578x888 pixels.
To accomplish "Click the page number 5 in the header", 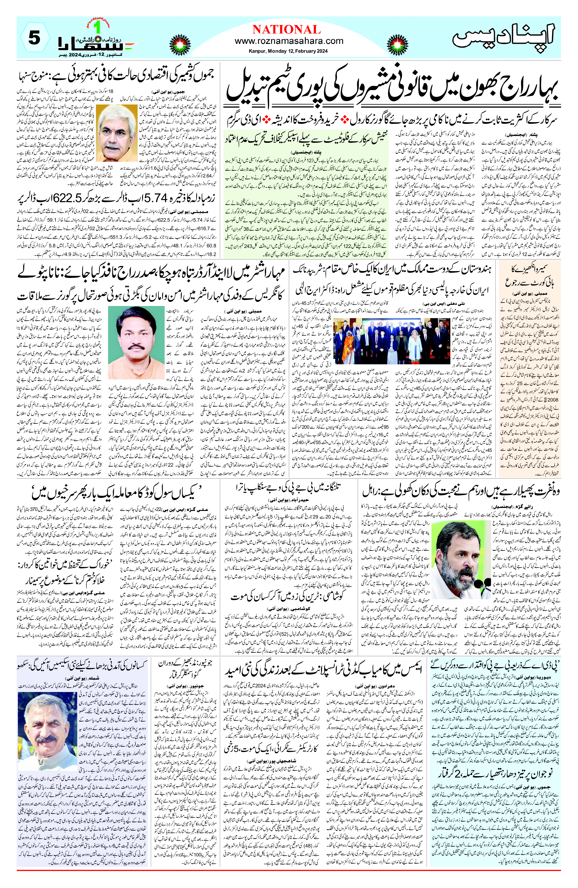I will (x=34, y=39).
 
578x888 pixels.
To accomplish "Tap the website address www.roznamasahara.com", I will (x=289, y=41).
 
